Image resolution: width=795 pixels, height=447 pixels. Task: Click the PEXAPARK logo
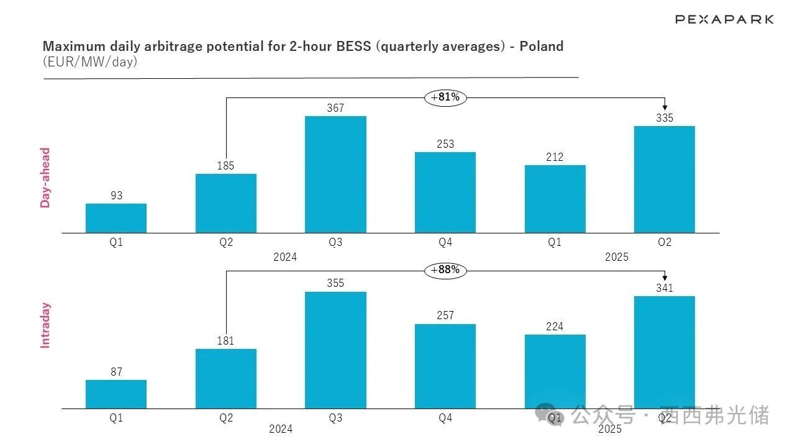coord(724,19)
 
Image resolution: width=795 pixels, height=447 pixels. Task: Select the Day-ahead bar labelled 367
coord(335,174)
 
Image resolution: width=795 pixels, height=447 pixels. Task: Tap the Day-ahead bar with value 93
coord(116,218)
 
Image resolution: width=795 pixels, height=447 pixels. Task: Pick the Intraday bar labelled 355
coord(335,350)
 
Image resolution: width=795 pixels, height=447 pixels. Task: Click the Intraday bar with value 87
coord(116,394)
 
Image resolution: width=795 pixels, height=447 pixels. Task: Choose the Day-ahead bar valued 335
coord(665,179)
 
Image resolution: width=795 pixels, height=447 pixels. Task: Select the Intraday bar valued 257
coord(445,366)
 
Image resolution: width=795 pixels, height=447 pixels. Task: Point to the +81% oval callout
coord(445,97)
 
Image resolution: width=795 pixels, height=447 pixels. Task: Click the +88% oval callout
coord(445,270)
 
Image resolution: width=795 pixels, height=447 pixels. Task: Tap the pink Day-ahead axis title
coord(45,178)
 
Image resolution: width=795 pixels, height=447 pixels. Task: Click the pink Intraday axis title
coord(45,325)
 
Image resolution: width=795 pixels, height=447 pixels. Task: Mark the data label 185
coord(226,166)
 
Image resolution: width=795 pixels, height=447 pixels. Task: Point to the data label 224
coord(555,327)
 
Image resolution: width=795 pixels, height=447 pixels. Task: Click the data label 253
coord(445,144)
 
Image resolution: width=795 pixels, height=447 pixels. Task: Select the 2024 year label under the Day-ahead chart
coord(285,257)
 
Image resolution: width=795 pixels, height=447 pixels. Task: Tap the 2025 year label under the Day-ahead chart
coord(617,257)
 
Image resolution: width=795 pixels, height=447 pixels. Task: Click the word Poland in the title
coord(541,46)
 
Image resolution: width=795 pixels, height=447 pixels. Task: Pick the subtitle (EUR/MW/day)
coord(90,62)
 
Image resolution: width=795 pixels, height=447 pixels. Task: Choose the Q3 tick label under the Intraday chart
coord(335,418)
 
